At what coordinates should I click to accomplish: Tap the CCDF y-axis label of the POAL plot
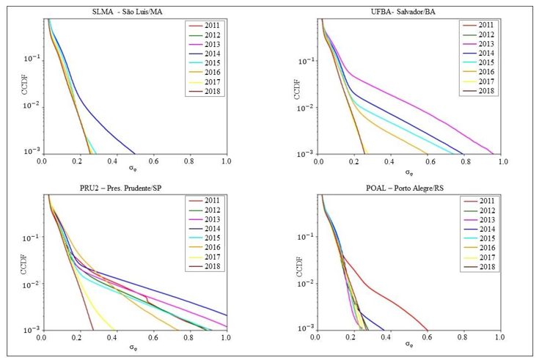[x=296, y=261]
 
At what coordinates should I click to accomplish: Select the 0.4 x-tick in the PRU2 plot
[x=115, y=338]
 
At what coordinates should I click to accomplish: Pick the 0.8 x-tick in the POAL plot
[x=463, y=338]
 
